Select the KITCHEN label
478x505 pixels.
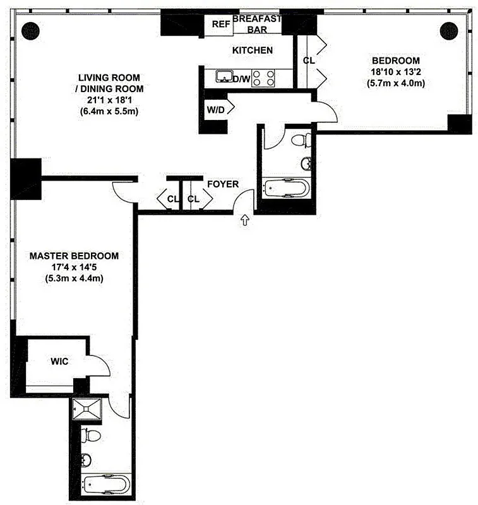(253, 50)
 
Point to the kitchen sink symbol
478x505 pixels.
(224, 77)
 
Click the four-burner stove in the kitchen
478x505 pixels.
(265, 78)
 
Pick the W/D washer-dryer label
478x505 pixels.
(215, 109)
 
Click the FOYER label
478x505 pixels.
(223, 184)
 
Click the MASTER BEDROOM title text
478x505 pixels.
(75, 256)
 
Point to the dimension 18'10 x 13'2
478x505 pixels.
(395, 72)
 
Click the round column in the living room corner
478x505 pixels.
(30, 30)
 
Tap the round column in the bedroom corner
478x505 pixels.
(448, 30)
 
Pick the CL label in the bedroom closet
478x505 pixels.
(309, 61)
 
